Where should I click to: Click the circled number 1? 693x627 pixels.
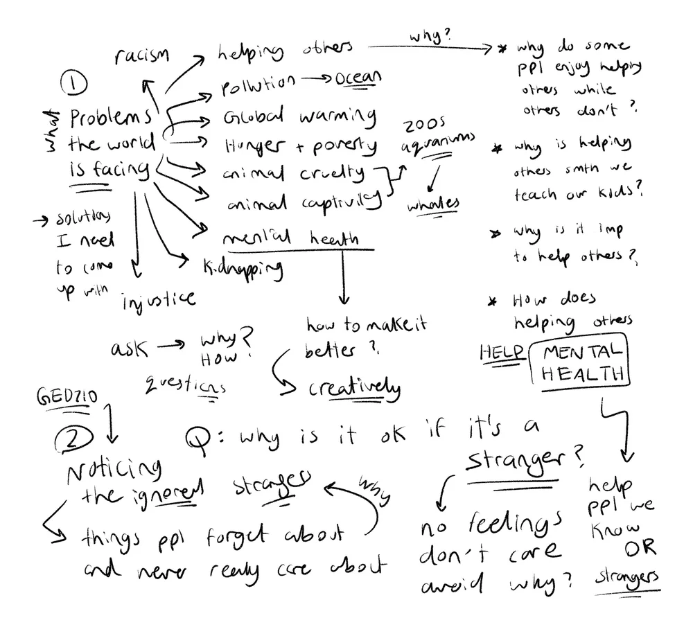pyautogui.click(x=74, y=86)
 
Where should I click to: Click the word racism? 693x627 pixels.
pyautogui.click(x=141, y=57)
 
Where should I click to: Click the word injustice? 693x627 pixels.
pyautogui.click(x=159, y=299)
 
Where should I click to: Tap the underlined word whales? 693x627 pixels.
pyautogui.click(x=433, y=204)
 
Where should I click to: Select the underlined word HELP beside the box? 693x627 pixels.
pyautogui.click(x=501, y=352)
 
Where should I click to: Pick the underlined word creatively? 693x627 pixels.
pyautogui.click(x=354, y=389)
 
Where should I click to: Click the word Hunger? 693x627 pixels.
pyautogui.click(x=254, y=145)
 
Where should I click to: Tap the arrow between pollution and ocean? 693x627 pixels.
pyautogui.click(x=316, y=80)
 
